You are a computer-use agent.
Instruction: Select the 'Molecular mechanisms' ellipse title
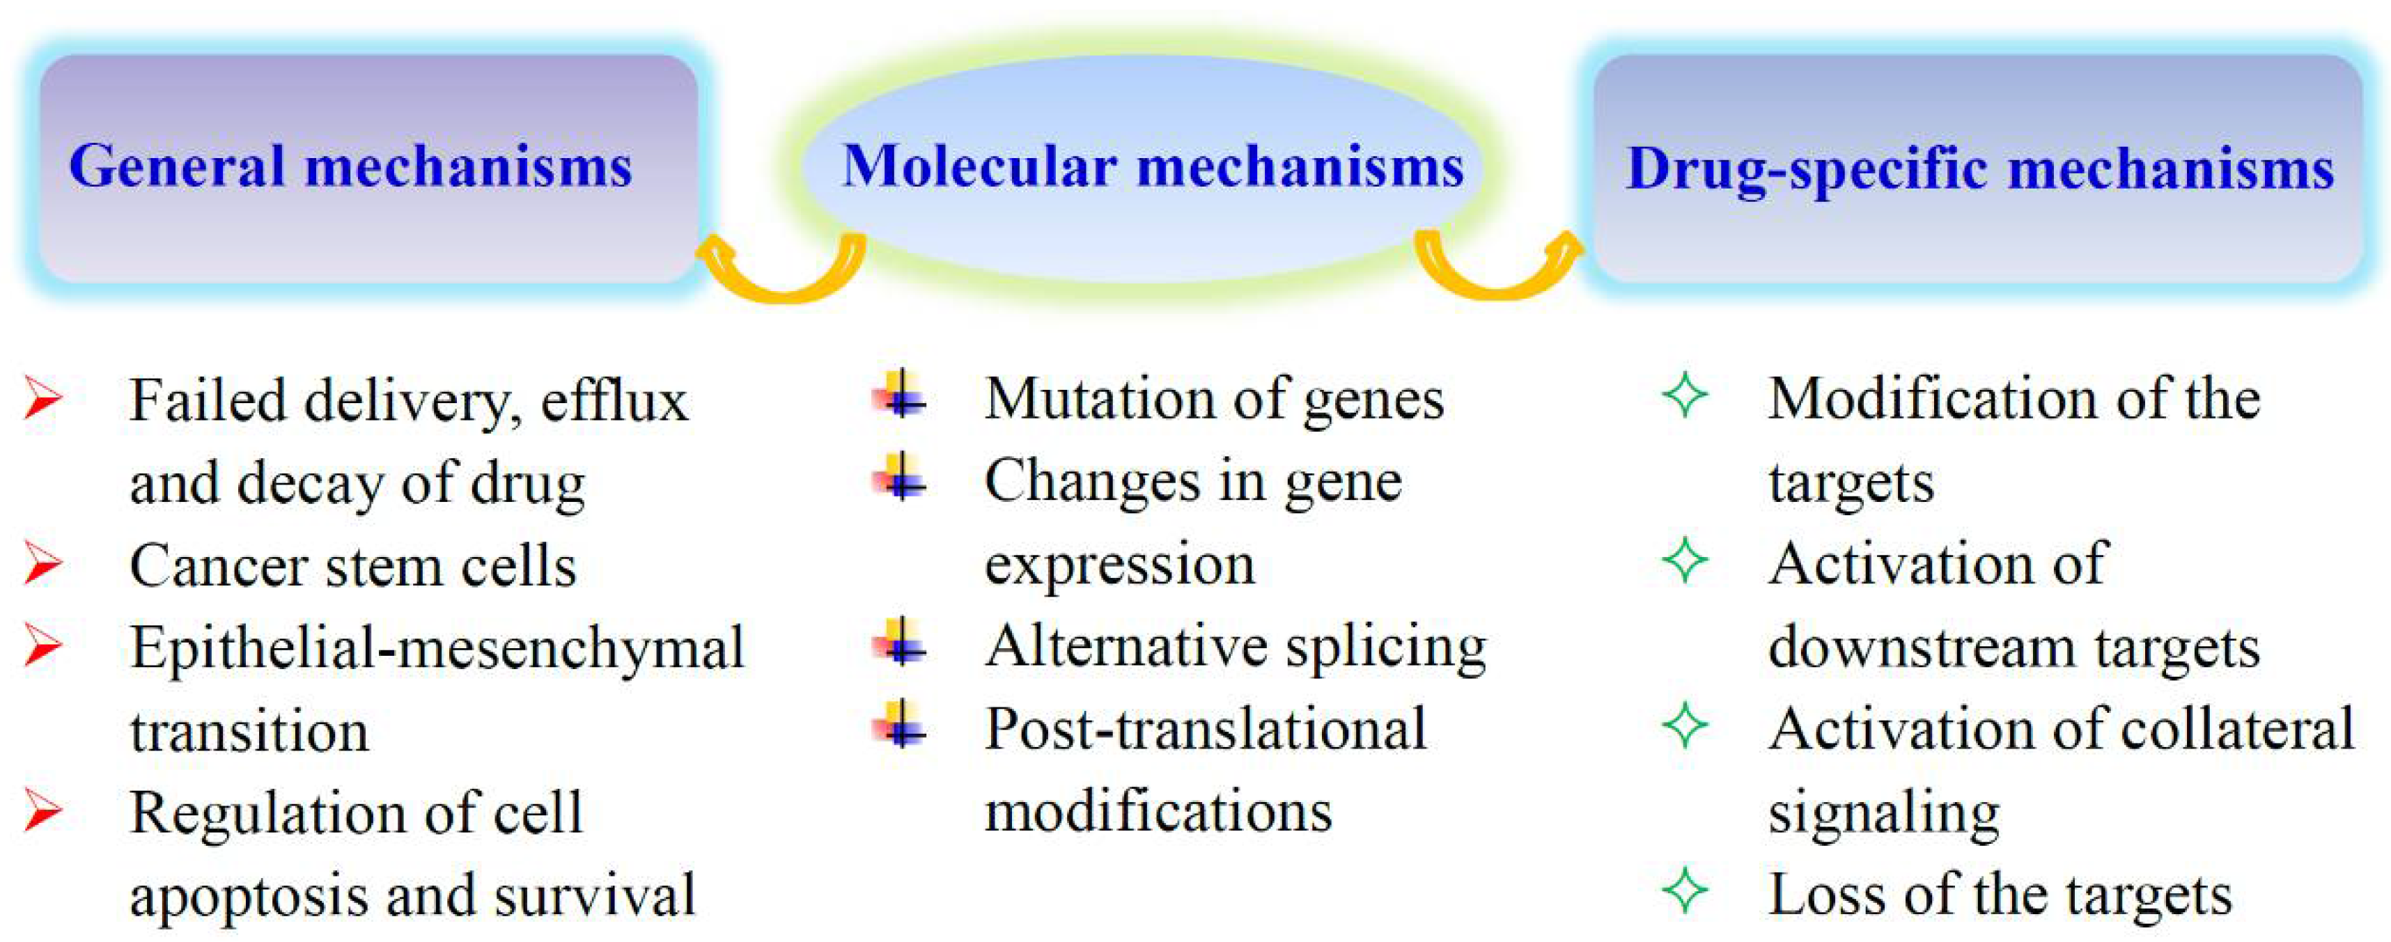[1152, 167]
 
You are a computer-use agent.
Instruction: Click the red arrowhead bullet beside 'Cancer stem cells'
[42, 563]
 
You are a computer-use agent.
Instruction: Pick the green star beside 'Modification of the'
[1685, 395]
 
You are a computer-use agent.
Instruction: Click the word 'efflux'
[614, 401]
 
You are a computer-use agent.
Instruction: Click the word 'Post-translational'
[1205, 730]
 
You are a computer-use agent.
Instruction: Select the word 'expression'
[1119, 566]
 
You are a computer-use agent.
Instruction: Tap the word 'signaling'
[1883, 814]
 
